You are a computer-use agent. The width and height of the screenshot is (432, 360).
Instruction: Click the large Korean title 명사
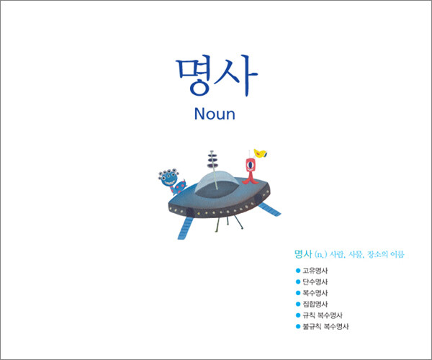[217, 76]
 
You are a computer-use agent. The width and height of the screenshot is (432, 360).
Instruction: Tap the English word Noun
[215, 114]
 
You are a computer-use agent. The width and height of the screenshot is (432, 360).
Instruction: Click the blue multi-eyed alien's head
[168, 178]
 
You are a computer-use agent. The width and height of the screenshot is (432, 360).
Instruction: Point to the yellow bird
[260, 153]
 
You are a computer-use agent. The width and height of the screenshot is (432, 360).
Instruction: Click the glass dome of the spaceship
[216, 181]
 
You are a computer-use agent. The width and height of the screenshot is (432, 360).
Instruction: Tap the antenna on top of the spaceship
[212, 166]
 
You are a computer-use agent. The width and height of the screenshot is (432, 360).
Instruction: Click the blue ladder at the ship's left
[185, 228]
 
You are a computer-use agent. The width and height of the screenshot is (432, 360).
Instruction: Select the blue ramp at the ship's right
[270, 210]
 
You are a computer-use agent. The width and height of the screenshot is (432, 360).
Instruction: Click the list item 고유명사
[315, 271]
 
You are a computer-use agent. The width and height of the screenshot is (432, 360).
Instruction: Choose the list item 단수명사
[315, 282]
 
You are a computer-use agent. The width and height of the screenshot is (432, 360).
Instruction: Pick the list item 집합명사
[315, 304]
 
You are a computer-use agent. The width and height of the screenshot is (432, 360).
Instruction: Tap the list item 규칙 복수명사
[323, 315]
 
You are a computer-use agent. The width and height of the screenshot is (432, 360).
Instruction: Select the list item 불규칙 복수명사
[325, 327]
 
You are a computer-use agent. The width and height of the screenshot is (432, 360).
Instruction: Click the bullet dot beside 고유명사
[298, 271]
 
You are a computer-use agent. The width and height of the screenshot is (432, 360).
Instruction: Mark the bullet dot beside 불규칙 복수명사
[298, 327]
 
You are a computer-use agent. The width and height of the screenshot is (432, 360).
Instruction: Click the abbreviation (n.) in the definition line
[320, 254]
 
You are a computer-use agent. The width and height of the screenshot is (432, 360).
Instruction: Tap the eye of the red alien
[250, 165]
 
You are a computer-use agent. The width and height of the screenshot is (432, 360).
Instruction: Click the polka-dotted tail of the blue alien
[179, 187]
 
